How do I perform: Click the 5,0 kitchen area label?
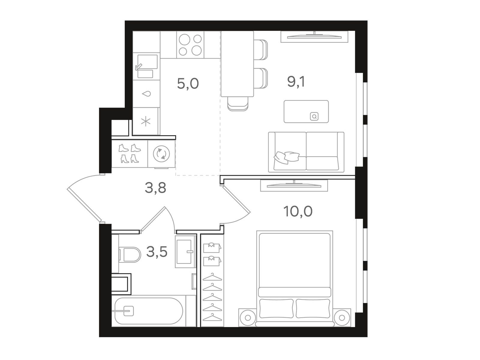click(x=188, y=84)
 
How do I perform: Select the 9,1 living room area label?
click(x=296, y=82)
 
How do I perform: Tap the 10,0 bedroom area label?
click(x=298, y=211)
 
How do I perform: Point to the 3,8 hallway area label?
click(x=155, y=188)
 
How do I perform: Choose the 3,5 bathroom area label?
click(x=157, y=252)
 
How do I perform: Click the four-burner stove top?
click(x=190, y=45)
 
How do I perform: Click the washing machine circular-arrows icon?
click(x=161, y=154)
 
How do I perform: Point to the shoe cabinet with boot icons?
click(x=130, y=154)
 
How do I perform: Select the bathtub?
click(x=149, y=311)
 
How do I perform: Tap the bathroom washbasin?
click(x=185, y=252)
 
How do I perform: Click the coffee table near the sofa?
click(x=306, y=112)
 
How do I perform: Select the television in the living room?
click(x=314, y=37)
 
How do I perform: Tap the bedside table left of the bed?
click(x=247, y=318)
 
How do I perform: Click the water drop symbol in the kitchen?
click(x=146, y=94)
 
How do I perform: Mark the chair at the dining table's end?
click(x=238, y=104)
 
